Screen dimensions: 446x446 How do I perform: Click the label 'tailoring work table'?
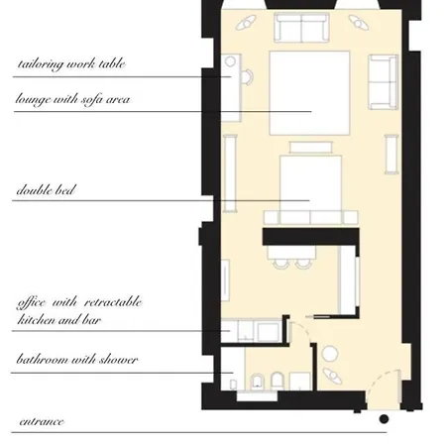[71, 64]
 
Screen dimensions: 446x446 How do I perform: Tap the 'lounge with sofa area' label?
[72, 99]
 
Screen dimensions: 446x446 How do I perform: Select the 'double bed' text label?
[46, 190]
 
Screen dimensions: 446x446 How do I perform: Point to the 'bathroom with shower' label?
[77, 359]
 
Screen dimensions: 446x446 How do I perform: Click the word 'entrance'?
[42, 422]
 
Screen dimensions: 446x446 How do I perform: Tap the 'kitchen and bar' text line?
[58, 320]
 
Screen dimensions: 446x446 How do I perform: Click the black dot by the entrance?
[384, 419]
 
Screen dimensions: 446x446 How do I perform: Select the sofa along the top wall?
[301, 28]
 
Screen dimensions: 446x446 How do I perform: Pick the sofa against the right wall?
[384, 82]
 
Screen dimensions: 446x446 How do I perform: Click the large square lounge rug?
[309, 93]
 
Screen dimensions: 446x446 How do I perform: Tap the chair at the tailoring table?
[247, 77]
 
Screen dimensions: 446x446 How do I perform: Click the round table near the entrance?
[330, 354]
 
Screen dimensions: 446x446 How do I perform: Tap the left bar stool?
[280, 264]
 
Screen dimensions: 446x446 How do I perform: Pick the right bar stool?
[303, 264]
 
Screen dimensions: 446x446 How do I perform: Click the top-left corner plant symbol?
[246, 23]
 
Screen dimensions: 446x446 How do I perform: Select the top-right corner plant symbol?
[359, 23]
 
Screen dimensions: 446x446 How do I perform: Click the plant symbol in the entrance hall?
[332, 376]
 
